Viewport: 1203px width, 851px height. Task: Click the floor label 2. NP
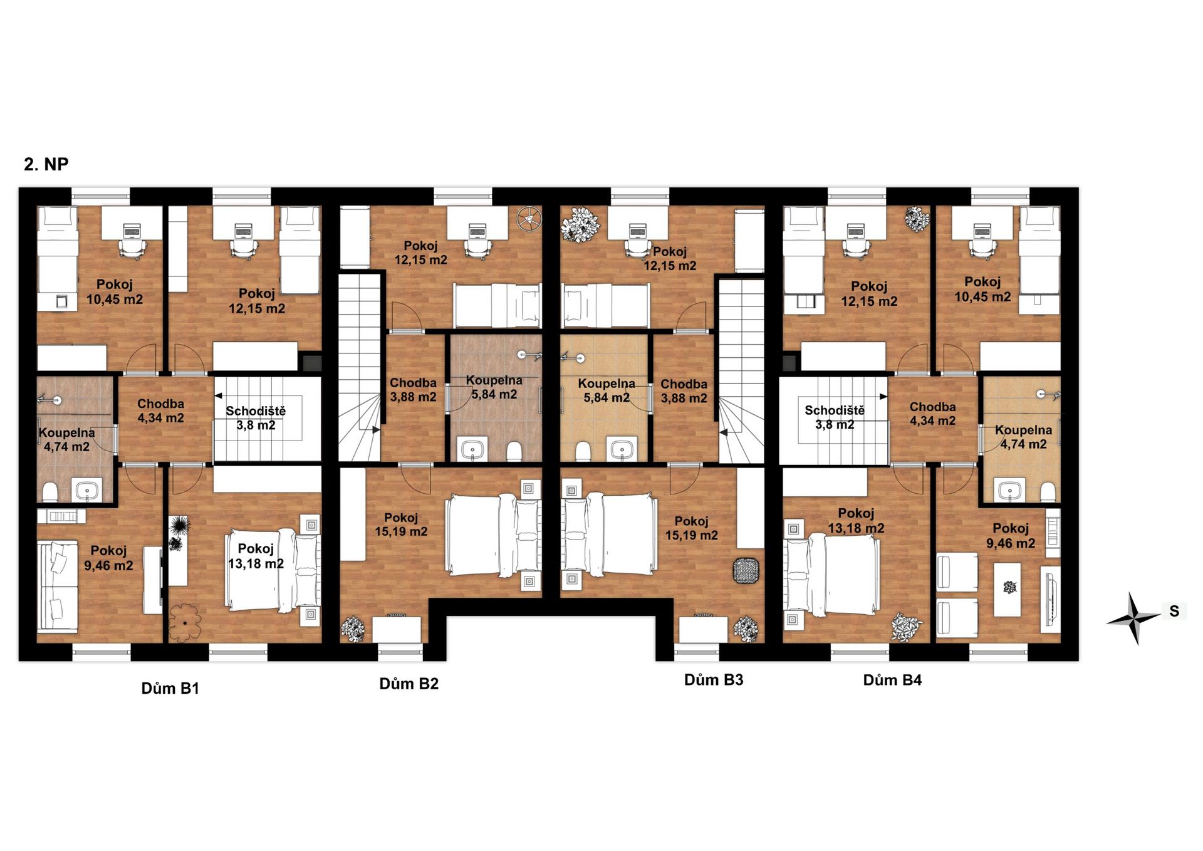pos(46,164)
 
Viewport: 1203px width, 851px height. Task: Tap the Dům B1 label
pos(170,689)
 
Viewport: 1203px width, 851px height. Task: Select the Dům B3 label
pos(714,680)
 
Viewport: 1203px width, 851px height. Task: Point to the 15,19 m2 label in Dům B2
pos(401,532)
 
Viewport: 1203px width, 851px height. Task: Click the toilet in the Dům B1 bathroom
pos(50,491)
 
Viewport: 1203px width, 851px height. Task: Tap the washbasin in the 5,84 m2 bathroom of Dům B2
pos(472,450)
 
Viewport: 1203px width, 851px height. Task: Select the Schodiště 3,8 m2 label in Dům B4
pos(835,417)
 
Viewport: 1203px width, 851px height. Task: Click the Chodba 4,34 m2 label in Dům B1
pos(160,411)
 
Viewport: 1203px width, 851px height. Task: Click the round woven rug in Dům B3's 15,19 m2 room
pos(746,570)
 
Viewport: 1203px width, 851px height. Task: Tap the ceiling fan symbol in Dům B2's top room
pos(528,219)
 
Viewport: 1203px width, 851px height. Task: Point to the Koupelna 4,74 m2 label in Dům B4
pos(1023,437)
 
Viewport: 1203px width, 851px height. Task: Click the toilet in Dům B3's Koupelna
pos(583,451)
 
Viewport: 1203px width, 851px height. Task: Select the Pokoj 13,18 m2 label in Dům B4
pos(856,521)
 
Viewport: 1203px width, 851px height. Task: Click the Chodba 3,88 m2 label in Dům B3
pos(684,391)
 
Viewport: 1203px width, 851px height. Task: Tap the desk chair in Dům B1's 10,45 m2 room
pos(132,249)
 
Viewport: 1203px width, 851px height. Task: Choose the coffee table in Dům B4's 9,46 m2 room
pos(1008,589)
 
